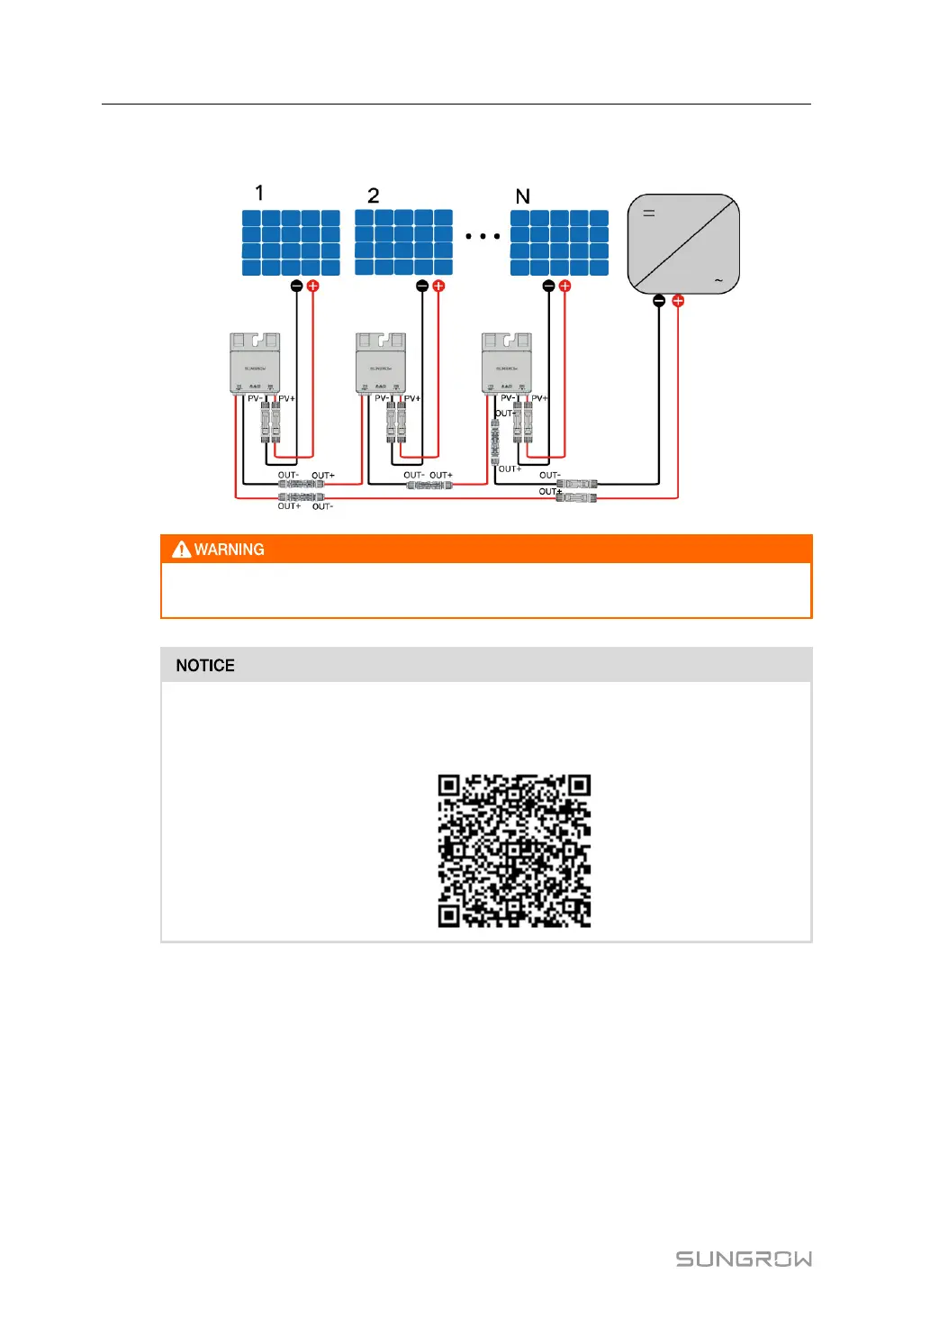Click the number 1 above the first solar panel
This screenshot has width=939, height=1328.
coord(259,193)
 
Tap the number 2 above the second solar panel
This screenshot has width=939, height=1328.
coord(374,196)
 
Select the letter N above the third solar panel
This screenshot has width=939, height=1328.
coord(522,196)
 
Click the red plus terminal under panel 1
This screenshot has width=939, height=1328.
coord(312,286)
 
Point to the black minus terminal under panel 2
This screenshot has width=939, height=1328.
coord(422,286)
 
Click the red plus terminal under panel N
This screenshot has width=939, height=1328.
coord(564,286)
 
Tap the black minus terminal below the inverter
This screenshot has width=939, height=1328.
coord(659,301)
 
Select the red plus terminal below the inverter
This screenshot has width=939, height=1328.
coord(678,301)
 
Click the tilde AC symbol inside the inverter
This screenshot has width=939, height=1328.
coord(718,281)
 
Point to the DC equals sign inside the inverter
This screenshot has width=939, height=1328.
coord(648,214)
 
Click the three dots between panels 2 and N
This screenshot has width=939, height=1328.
coord(483,236)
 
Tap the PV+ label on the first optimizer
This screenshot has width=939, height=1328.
coord(286,398)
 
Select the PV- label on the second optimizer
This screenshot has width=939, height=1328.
coord(382,398)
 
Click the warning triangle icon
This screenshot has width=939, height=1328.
coord(182,550)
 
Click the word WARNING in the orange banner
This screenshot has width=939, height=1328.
coord(229,550)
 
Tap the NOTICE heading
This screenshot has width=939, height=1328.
coord(205,666)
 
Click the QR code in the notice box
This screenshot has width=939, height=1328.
coord(514,850)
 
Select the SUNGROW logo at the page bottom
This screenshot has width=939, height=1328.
coord(744,1259)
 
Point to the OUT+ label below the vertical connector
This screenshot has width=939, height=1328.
coord(510,468)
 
